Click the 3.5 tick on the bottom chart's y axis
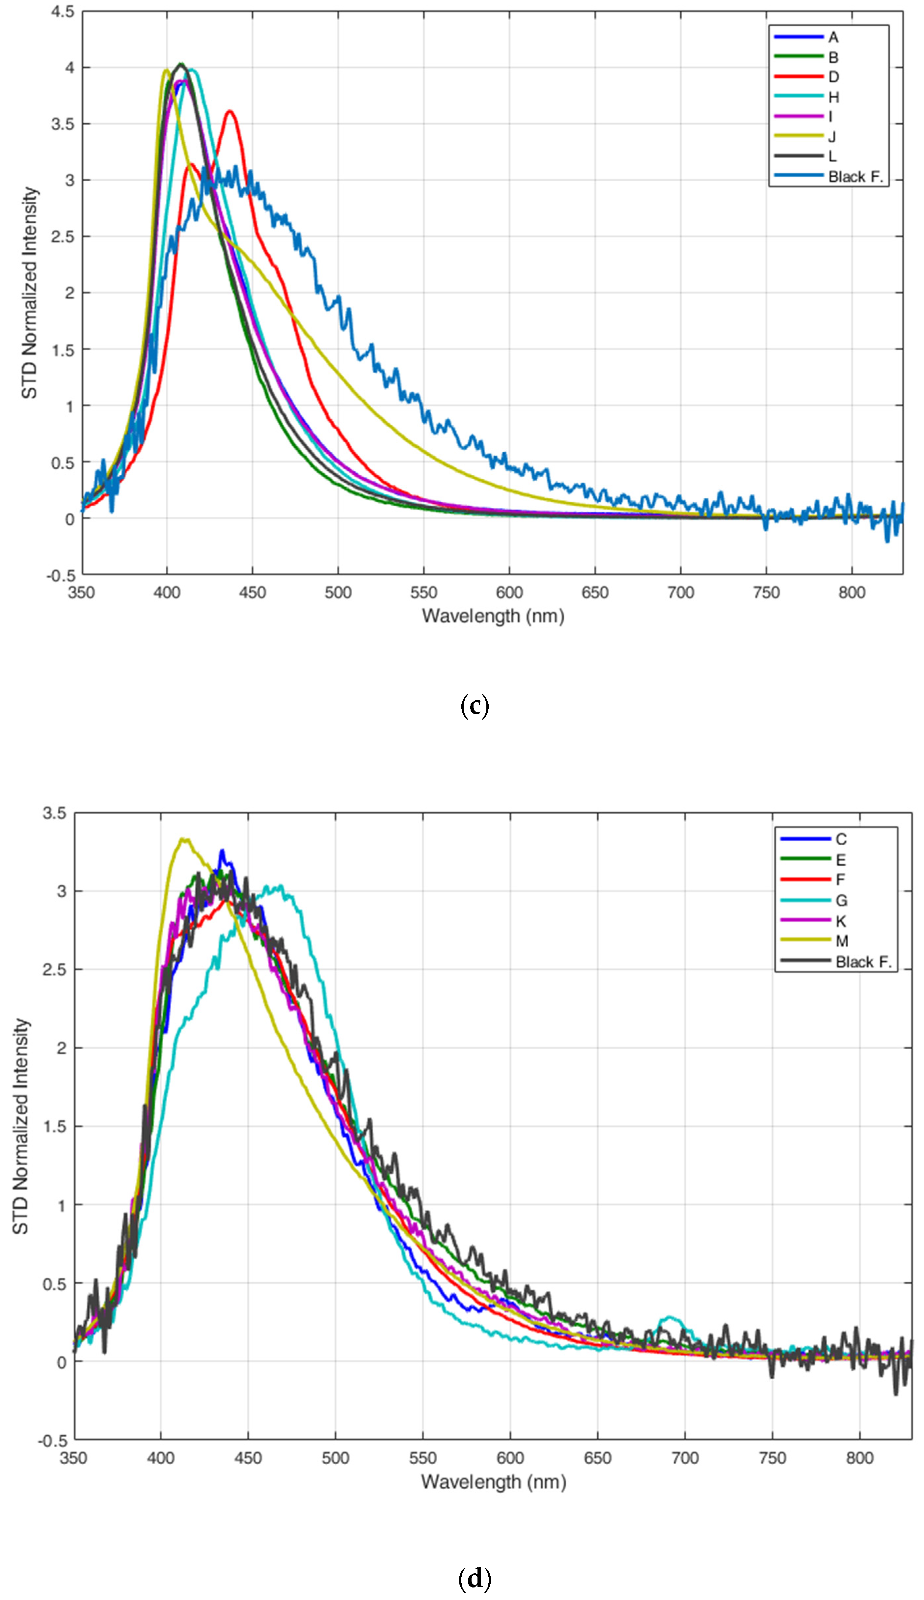[55, 813]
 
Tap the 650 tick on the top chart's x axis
[595, 593]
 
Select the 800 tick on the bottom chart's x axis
[859, 1458]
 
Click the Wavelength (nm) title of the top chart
[493, 616]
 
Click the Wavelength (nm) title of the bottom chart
[493, 1481]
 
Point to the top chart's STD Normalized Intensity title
[29, 293]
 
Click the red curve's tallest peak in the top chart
[230, 112]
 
